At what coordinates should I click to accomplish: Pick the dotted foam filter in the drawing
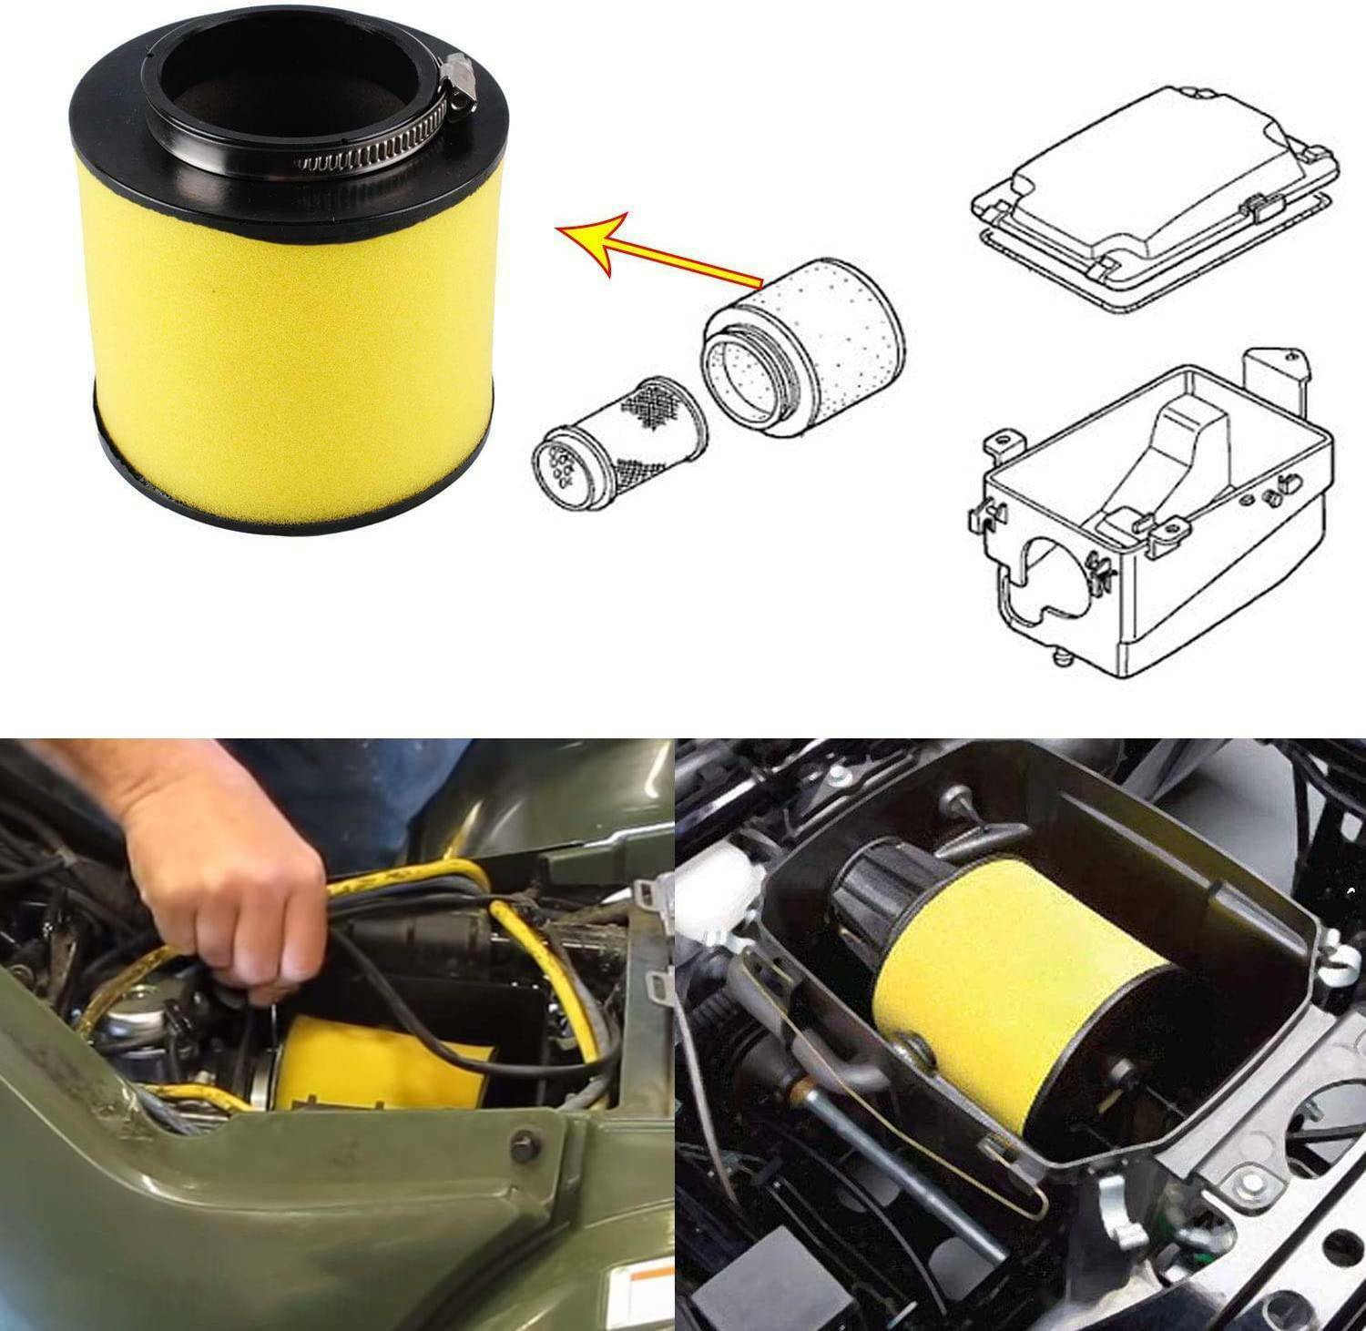801,341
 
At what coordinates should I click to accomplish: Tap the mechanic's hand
219,865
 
